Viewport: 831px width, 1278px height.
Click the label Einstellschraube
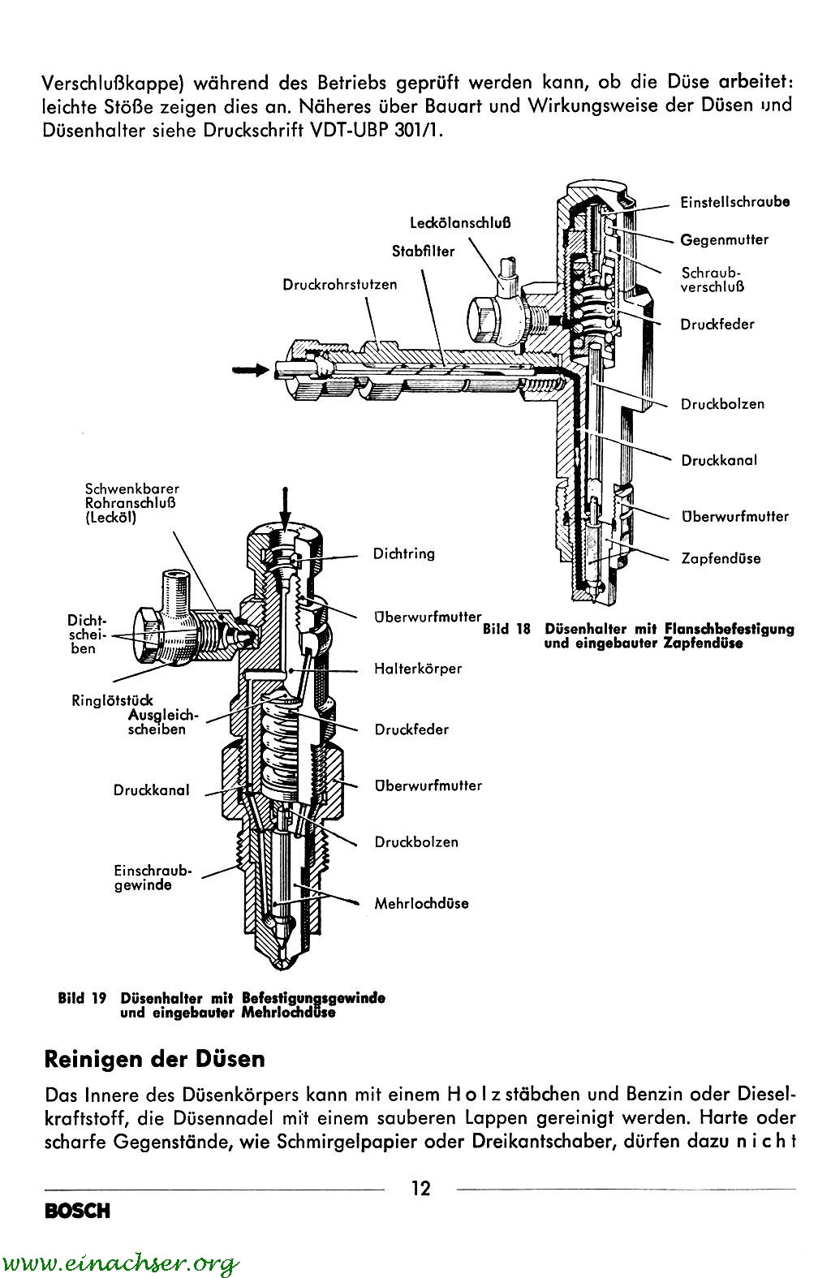coord(735,202)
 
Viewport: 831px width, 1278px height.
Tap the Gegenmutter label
coord(724,239)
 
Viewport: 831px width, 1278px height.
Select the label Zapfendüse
coord(721,558)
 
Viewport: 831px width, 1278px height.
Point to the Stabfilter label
coord(423,252)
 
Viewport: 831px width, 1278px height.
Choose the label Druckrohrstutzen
coord(340,284)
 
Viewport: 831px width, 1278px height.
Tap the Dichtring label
coord(404,553)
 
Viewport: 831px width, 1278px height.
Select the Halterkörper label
coord(418,669)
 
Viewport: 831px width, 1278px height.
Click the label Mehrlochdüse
coord(421,903)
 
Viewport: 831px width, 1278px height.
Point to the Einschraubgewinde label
coord(153,877)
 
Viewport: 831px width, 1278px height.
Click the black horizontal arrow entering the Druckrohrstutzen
coord(250,369)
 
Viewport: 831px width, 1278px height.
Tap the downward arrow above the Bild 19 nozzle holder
coord(285,507)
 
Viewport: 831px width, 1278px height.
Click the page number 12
coord(421,1189)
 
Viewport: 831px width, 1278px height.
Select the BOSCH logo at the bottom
coord(77,1211)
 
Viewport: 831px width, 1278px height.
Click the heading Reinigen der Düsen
coord(154,1059)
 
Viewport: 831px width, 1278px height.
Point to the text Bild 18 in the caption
coord(506,629)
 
